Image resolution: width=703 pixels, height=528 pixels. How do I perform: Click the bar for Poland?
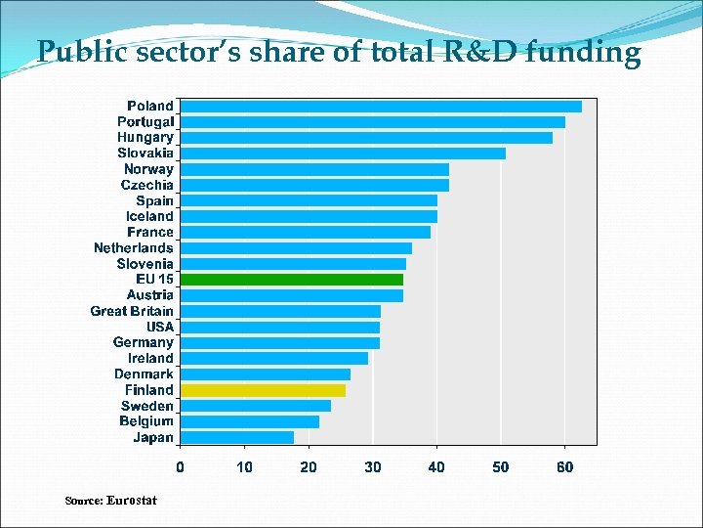[x=381, y=106]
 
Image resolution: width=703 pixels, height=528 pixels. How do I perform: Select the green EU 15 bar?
[x=292, y=279]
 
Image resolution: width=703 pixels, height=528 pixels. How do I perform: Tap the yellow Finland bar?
[x=263, y=390]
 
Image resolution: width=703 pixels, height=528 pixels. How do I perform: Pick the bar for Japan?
[x=237, y=437]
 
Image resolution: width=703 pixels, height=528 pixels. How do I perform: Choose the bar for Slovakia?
[x=343, y=153]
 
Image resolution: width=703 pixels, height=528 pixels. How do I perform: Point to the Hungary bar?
[x=366, y=137]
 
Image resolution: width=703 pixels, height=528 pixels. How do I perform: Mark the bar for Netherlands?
[x=296, y=247]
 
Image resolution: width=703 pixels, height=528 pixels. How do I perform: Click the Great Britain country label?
[x=132, y=311]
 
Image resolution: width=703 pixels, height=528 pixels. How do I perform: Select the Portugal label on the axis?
[x=145, y=121]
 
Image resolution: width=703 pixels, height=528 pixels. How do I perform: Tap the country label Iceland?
[x=149, y=216]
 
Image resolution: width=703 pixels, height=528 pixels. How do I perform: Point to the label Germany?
[x=144, y=342]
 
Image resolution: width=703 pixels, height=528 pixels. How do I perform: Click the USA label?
[x=160, y=327]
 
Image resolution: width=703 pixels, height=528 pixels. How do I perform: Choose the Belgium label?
[x=146, y=421]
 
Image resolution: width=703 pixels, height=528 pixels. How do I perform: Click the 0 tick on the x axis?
[x=180, y=467]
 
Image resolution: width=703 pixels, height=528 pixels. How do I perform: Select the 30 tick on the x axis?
[x=373, y=467]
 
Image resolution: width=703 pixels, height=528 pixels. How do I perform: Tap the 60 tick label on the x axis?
[x=564, y=467]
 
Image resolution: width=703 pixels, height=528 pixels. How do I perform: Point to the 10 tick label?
[x=244, y=467]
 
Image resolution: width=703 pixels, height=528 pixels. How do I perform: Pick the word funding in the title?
[x=584, y=51]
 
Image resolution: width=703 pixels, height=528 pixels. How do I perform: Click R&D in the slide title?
[x=477, y=51]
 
